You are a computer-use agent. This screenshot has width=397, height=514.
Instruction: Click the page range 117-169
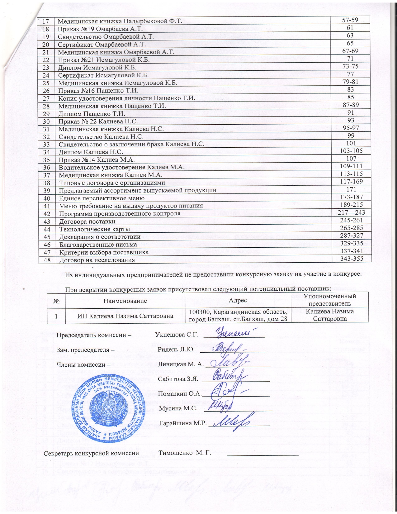352,181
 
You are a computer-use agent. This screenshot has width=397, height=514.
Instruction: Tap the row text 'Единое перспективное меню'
102,198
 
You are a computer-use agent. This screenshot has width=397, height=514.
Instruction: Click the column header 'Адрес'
238,300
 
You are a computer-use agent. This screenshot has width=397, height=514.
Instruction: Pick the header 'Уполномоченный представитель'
330,300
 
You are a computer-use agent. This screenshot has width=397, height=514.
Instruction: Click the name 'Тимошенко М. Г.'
185,453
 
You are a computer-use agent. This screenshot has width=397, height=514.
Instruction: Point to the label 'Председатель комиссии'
93,335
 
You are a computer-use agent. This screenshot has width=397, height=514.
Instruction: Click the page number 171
352,189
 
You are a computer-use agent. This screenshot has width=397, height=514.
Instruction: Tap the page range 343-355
352,259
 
